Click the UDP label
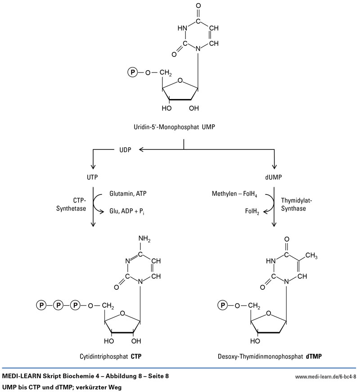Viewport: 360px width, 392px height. pyautogui.click(x=125, y=150)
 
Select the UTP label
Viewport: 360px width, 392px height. pyautogui.click(x=92, y=178)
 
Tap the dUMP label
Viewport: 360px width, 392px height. pyautogui.click(x=275, y=178)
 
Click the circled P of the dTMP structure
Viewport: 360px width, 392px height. pyautogui.click(x=222, y=306)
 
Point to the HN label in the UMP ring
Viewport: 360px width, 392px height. pyautogui.click(x=182, y=28)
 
